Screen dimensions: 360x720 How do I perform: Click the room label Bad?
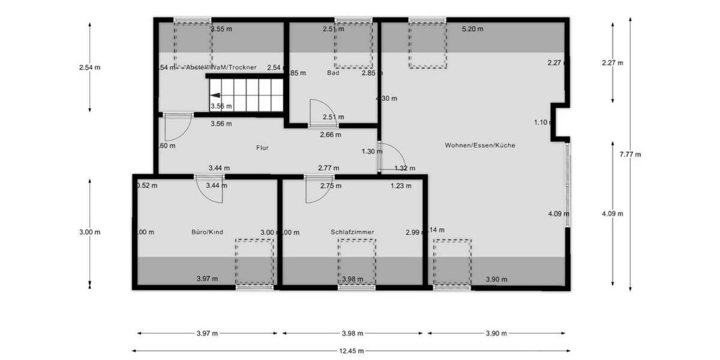pyautogui.click(x=333, y=73)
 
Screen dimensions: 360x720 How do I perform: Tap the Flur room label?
pyautogui.click(x=262, y=146)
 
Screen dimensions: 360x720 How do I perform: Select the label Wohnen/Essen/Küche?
pyautogui.click(x=480, y=145)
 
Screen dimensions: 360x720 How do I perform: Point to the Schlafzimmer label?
pyautogui.click(x=352, y=232)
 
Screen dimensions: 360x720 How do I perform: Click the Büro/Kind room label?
pyautogui.click(x=207, y=232)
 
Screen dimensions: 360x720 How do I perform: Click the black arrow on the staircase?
pyautogui.click(x=214, y=95)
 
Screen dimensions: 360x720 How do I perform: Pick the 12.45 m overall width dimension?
pyautogui.click(x=351, y=351)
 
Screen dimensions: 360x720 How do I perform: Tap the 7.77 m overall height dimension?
pyautogui.click(x=630, y=154)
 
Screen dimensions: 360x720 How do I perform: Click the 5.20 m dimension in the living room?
pyautogui.click(x=472, y=29)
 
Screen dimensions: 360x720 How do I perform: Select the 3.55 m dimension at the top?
pyautogui.click(x=221, y=29)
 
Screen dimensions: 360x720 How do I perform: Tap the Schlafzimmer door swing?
pyautogui.click(x=315, y=189)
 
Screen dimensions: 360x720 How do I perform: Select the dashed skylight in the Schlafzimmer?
pyautogui.click(x=356, y=263)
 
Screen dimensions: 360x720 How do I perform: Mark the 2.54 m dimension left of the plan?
pyautogui.click(x=89, y=67)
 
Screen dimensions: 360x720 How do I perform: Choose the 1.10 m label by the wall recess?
pyautogui.click(x=541, y=123)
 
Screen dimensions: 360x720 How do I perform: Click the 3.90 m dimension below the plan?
pyautogui.click(x=496, y=334)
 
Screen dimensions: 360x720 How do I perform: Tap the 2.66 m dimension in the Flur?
pyautogui.click(x=330, y=135)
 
